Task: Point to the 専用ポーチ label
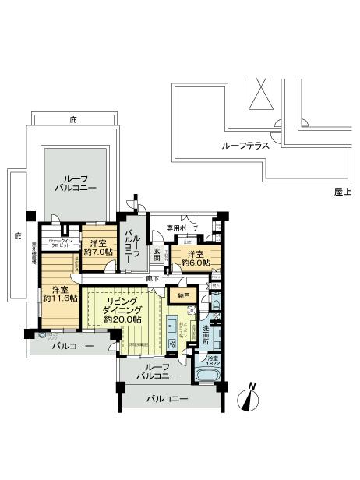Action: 183,228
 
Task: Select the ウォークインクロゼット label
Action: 61,243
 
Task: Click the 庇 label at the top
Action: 72,119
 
